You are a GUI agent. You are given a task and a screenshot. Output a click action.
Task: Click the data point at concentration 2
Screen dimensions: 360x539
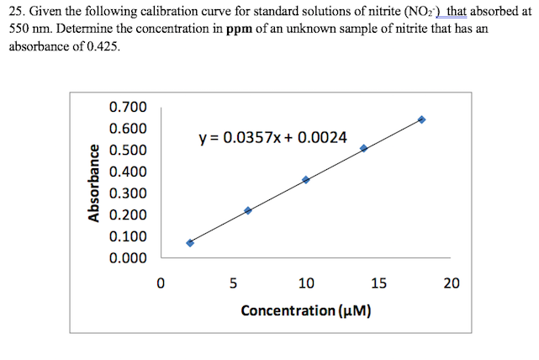coord(190,243)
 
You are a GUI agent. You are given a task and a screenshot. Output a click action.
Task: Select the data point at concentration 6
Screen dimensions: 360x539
coord(248,210)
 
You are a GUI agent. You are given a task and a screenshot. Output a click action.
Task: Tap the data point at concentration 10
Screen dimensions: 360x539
coord(306,179)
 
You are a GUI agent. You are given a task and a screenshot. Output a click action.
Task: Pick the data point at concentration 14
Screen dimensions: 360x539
coord(364,148)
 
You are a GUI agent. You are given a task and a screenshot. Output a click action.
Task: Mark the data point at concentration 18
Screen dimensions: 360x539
coord(421,119)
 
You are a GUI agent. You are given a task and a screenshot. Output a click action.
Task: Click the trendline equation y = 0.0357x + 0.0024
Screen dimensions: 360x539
coord(272,136)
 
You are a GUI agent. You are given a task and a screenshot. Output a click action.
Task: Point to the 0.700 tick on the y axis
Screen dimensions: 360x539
coord(128,107)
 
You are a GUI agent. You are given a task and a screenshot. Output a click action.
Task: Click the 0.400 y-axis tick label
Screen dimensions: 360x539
coord(128,172)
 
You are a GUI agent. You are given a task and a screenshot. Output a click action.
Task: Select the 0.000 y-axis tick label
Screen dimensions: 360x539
coord(128,258)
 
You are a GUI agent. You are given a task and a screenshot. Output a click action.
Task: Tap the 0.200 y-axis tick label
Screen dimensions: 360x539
coord(128,215)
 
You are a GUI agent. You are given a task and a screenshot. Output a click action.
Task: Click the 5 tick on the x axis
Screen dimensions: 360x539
coord(233,283)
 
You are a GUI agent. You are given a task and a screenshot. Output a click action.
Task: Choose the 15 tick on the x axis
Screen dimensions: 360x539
coord(378,283)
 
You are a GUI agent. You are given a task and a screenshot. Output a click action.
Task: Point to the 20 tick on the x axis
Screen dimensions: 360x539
coord(452,283)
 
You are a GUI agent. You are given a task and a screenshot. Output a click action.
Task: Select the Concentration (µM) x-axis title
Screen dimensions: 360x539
coord(306,311)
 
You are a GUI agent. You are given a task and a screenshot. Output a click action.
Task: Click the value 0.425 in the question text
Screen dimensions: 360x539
coord(101,46)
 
